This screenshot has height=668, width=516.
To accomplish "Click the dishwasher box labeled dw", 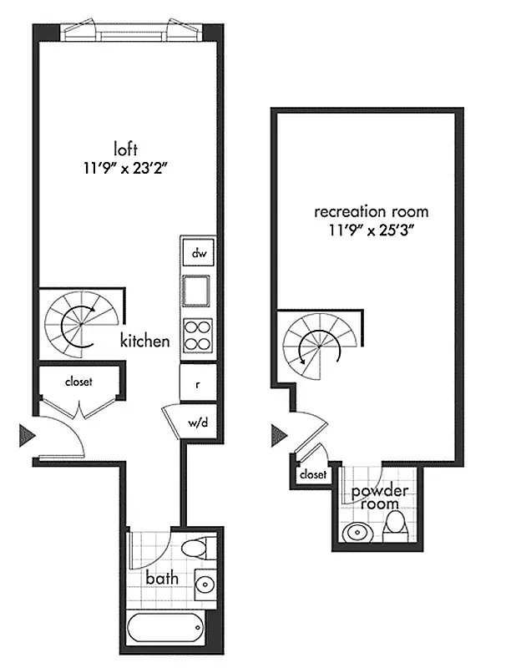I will (199, 253).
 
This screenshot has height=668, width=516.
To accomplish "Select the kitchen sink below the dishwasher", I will (199, 291).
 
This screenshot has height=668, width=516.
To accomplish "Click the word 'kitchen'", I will (145, 341).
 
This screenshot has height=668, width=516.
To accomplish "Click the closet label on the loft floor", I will (79, 382).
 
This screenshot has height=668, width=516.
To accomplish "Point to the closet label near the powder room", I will (312, 474).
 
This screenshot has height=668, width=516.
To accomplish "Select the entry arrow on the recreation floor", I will (279, 434).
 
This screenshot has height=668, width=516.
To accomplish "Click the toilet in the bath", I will (194, 549).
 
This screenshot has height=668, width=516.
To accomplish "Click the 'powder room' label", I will (379, 498).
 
